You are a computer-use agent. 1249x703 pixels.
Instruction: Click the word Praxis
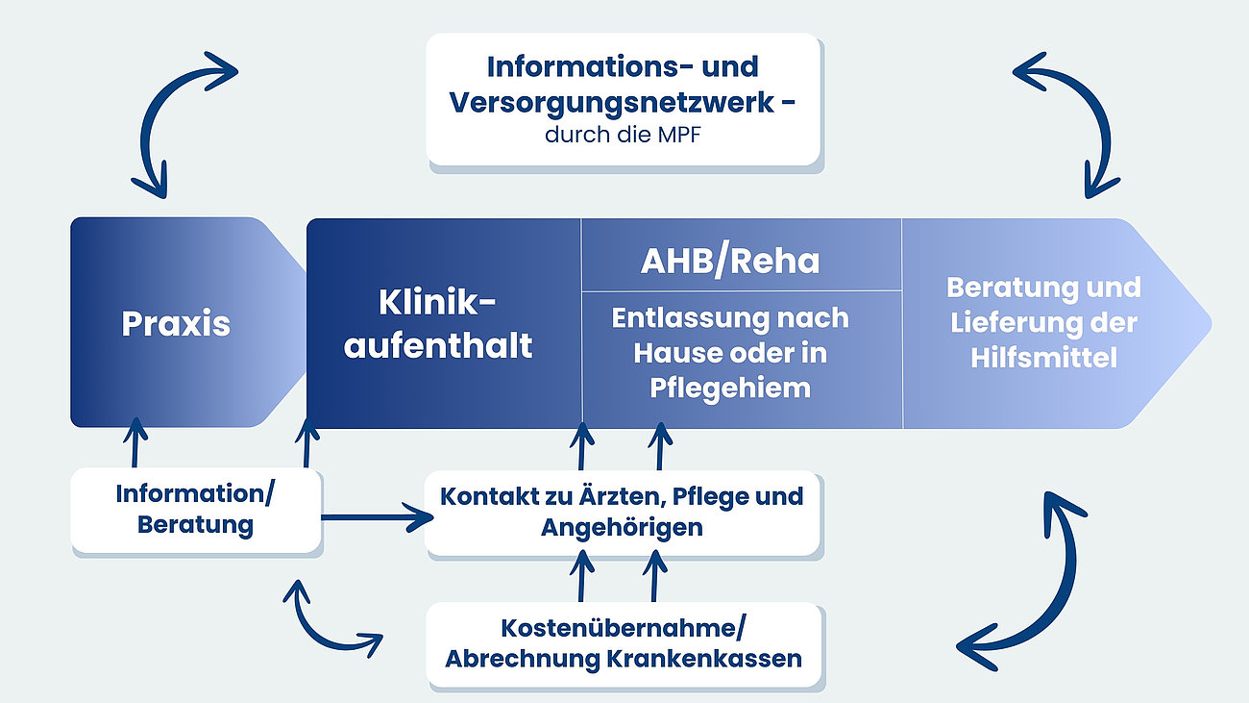[176, 323]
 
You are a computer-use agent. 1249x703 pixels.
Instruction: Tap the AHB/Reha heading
[730, 262]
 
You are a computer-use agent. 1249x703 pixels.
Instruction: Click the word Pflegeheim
[730, 389]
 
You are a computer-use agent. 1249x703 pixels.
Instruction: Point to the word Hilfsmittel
[1043, 358]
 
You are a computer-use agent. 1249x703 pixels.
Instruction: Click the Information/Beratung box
[195, 510]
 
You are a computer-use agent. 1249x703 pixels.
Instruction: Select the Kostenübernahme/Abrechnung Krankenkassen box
[624, 644]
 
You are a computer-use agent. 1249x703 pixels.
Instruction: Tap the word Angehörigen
[622, 527]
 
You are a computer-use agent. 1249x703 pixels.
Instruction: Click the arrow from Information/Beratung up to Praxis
[135, 444]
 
